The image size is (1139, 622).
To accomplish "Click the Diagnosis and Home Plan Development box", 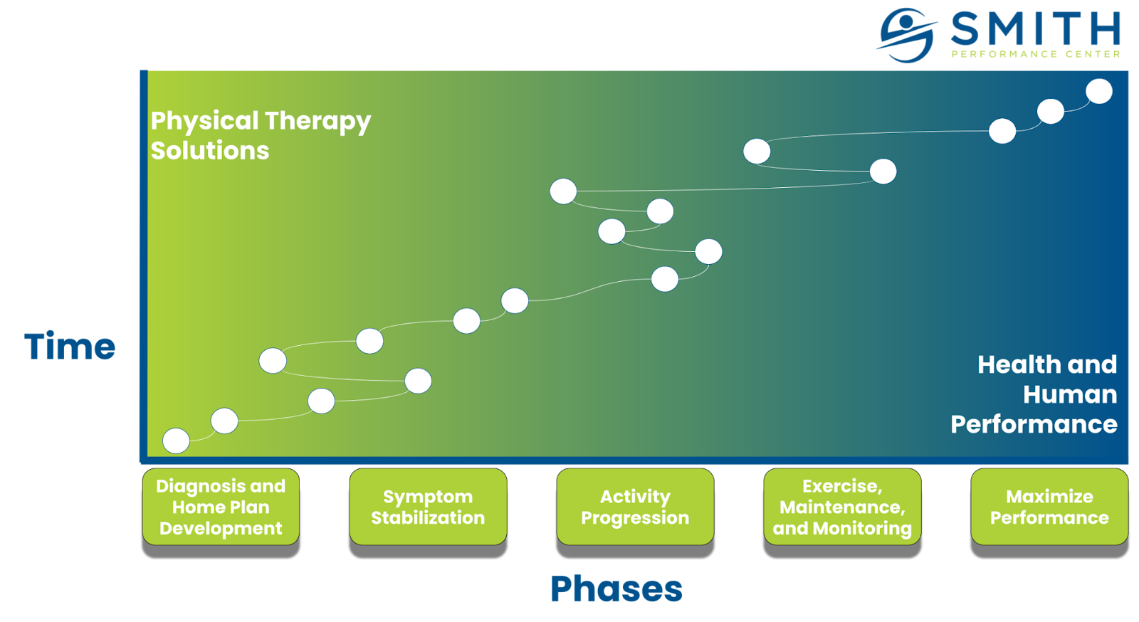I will [x=221, y=507].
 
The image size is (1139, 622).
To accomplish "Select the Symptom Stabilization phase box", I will [x=428, y=507].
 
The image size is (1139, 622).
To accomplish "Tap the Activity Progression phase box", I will [x=635, y=507].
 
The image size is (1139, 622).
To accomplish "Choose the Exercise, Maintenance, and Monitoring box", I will [x=842, y=507].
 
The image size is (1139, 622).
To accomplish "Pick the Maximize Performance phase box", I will [x=1049, y=507].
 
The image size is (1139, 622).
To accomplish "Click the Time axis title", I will [x=70, y=347].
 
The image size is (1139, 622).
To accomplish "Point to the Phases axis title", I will [x=616, y=589].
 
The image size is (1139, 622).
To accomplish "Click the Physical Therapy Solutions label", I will [x=260, y=135].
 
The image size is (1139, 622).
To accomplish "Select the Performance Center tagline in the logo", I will [x=1036, y=54].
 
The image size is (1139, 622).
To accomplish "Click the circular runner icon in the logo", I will [x=906, y=35].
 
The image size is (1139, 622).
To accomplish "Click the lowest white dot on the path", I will [x=176, y=441].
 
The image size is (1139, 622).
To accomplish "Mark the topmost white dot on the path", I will [x=1099, y=91].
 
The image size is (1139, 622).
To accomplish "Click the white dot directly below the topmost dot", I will [x=1051, y=112].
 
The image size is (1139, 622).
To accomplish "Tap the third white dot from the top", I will [x=1002, y=131].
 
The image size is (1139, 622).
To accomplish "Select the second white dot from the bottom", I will [x=224, y=421].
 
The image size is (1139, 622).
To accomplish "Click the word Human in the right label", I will [x=1070, y=394].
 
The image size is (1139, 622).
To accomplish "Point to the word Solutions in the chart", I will [x=210, y=151].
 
